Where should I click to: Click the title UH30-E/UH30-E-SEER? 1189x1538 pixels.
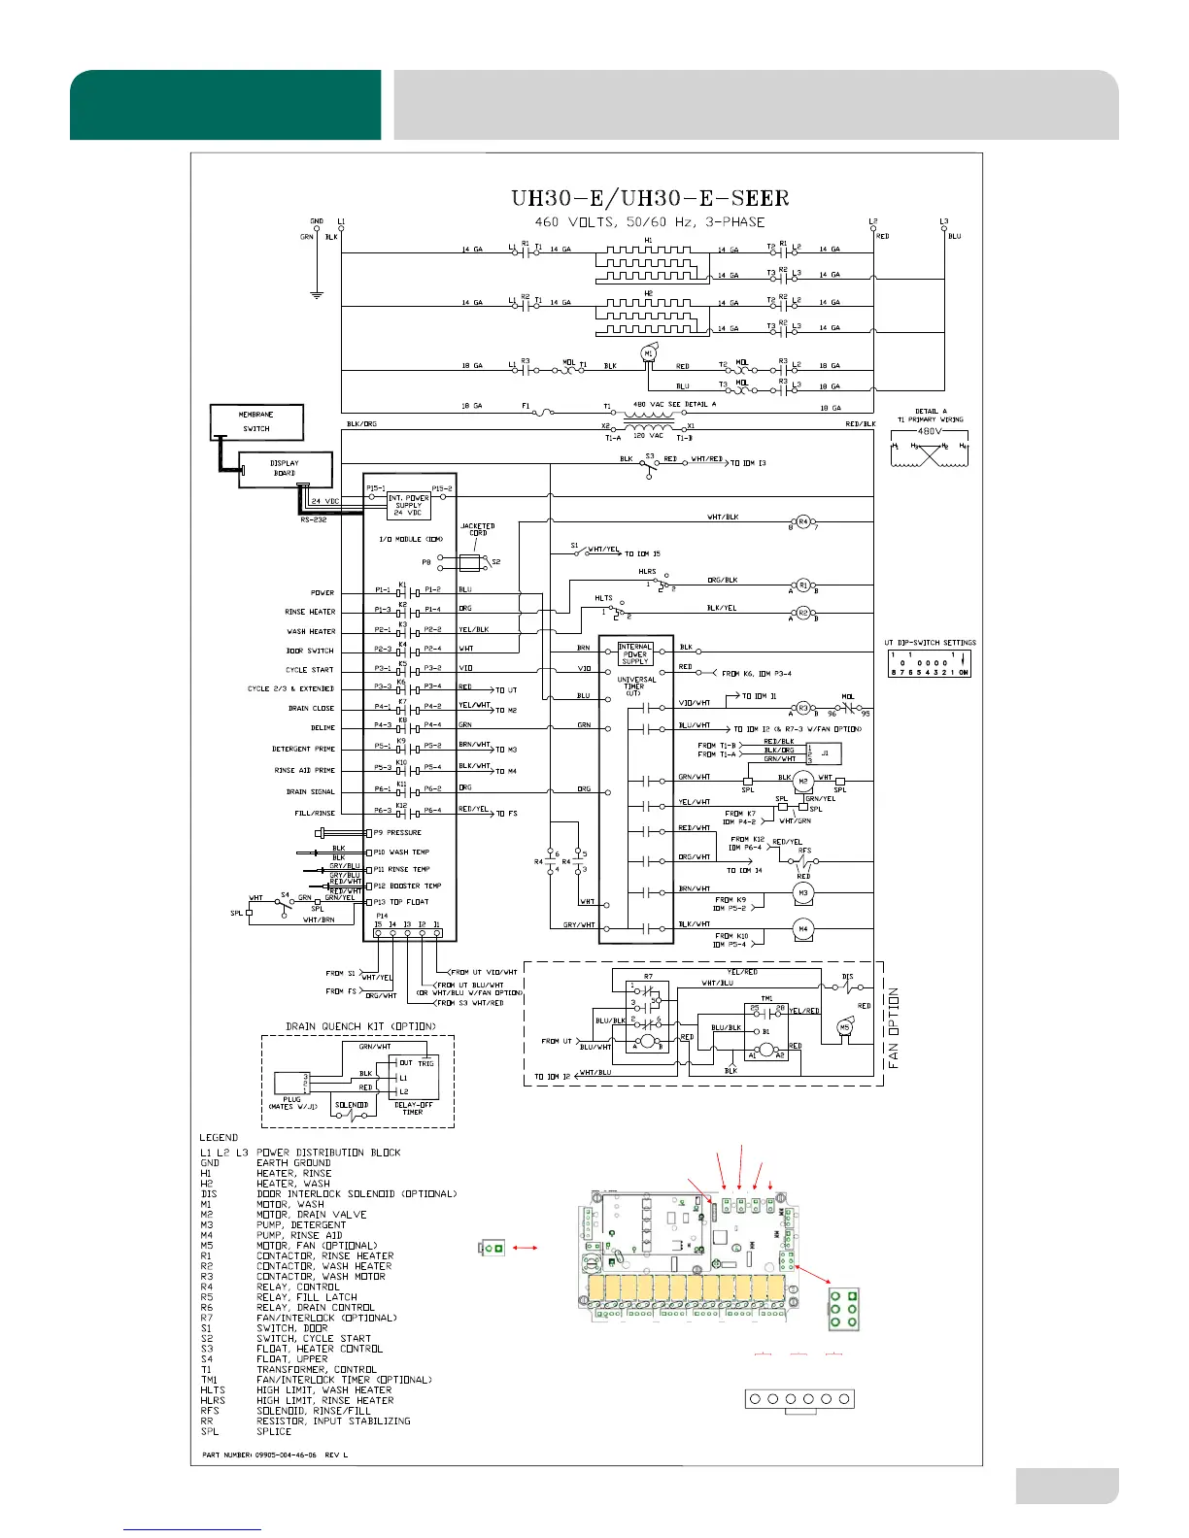pyautogui.click(x=650, y=199)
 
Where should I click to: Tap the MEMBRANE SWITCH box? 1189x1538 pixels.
pyautogui.click(x=256, y=422)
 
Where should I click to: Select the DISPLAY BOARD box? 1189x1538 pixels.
pyautogui.click(x=285, y=469)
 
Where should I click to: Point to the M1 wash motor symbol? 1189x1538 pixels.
pyautogui.click(x=648, y=355)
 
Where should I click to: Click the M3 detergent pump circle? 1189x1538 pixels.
pyautogui.click(x=802, y=892)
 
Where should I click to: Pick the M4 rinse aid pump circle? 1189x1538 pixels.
pyautogui.click(x=802, y=929)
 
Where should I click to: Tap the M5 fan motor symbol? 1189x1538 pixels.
pyautogui.click(x=844, y=1027)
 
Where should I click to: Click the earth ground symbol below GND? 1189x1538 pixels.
pyautogui.click(x=316, y=293)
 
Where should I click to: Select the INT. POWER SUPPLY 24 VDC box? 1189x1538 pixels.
pyautogui.click(x=408, y=505)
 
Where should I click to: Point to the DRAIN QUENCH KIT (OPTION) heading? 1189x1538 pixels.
pyautogui.click(x=360, y=1026)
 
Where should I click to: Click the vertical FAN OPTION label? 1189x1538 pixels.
pyautogui.click(x=894, y=1028)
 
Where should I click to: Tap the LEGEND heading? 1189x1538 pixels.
pyautogui.click(x=219, y=1137)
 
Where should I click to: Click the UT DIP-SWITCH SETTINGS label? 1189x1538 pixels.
pyautogui.click(x=930, y=643)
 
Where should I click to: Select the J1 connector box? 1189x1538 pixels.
pyautogui.click(x=825, y=752)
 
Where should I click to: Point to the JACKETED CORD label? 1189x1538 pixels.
pyautogui.click(x=477, y=529)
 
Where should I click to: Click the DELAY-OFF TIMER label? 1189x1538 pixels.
pyautogui.click(x=413, y=1108)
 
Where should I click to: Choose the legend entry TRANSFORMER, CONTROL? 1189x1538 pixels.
pyautogui.click(x=316, y=1369)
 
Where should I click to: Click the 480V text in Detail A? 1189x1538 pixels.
pyautogui.click(x=930, y=431)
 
